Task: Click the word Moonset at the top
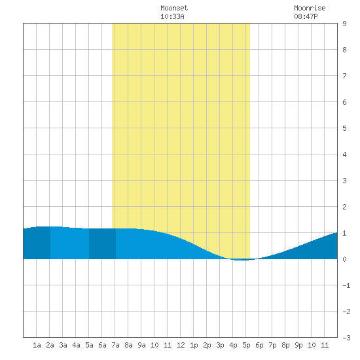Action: pos(174,8)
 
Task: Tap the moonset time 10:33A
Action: pos(172,16)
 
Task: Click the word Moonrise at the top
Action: pos(310,8)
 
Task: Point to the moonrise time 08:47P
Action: pos(306,16)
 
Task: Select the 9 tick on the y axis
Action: pos(344,24)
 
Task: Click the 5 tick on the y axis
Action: pos(344,128)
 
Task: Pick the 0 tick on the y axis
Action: pos(344,259)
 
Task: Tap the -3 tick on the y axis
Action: pos(346,338)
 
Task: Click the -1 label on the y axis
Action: pos(346,285)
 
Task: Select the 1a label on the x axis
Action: pos(37,345)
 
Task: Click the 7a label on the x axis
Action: pos(115,345)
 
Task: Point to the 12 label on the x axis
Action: pos(181,345)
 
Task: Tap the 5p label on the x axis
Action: pos(246,345)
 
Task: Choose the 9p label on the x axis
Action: pos(298,345)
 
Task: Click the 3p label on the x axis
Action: pos(220,345)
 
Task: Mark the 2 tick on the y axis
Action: pos(344,207)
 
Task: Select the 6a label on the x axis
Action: pos(102,345)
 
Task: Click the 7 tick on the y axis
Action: pos(344,76)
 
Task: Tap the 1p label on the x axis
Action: pos(194,345)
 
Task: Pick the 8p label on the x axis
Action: pos(285,345)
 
